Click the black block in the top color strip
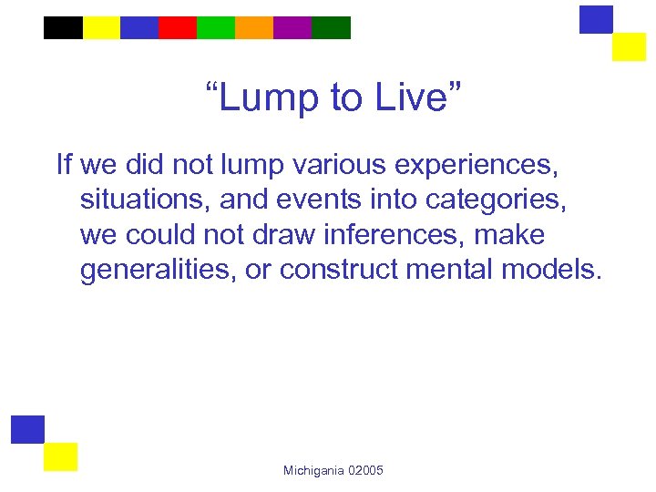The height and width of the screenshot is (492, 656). click(63, 27)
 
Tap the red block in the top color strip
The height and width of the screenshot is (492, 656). click(177, 27)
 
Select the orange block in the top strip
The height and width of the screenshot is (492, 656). click(253, 27)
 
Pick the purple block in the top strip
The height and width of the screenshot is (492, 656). click(292, 27)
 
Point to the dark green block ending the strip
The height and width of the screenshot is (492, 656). click(331, 27)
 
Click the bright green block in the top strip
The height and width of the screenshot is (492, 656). click(215, 27)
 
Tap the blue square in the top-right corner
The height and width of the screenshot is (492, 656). click(596, 19)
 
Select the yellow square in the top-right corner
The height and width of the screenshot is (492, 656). click(629, 46)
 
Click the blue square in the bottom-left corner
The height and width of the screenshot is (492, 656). click(27, 429)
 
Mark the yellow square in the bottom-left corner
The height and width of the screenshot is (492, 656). click(61, 456)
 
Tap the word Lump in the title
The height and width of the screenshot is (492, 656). click(269, 97)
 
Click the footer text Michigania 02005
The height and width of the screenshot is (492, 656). click(333, 470)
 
